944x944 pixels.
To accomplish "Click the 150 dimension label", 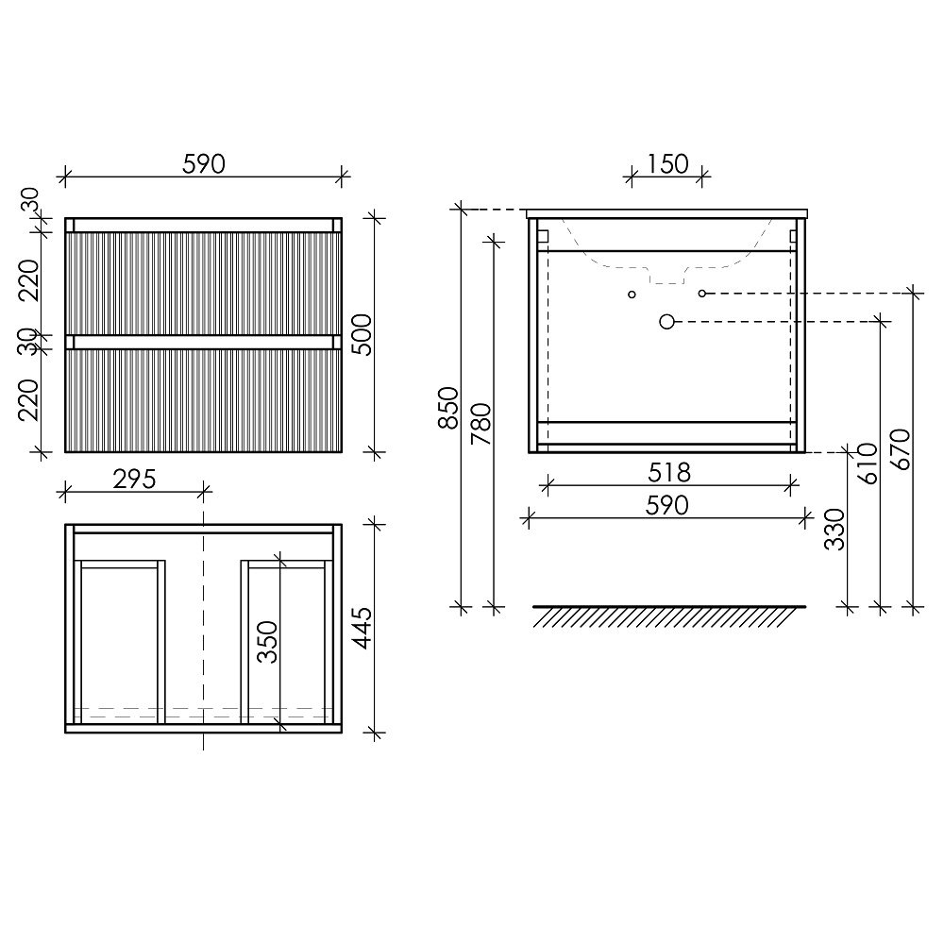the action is pos(667,163).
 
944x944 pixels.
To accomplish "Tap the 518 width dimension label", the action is pos(669,473).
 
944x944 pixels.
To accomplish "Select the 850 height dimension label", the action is pos(448,408).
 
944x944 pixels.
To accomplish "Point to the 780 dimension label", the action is pos(481,424).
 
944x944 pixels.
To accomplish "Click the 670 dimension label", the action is pos(901,449).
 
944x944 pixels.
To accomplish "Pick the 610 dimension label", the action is pos(868,464).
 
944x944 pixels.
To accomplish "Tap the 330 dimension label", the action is pos(835,530).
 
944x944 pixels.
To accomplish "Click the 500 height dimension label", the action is pos(362,335).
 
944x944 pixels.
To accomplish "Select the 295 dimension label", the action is pos(134,480).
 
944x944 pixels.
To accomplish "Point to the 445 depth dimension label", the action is pos(362,628).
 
